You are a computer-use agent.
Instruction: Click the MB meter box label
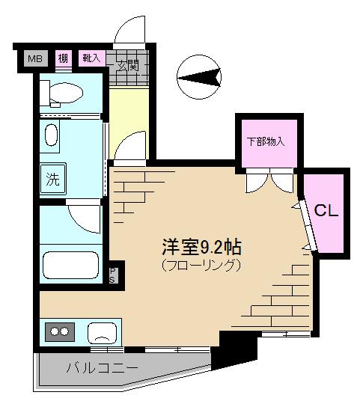(x=35, y=58)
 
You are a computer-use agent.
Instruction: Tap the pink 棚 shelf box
(x=63, y=58)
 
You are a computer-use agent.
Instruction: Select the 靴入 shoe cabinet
(x=92, y=58)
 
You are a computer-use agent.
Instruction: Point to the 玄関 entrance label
(x=128, y=66)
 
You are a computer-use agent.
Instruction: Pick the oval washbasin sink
(x=51, y=135)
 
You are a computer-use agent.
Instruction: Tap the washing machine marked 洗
(x=53, y=179)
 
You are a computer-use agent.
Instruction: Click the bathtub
(x=70, y=265)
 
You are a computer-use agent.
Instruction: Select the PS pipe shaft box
(x=112, y=275)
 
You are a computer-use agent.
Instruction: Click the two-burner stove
(x=60, y=331)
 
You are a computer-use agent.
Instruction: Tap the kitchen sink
(x=102, y=334)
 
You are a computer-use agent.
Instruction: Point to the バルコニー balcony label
(x=102, y=368)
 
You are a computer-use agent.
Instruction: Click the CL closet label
(x=326, y=210)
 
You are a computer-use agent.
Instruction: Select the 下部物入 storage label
(x=266, y=141)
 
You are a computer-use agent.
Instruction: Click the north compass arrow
(x=199, y=77)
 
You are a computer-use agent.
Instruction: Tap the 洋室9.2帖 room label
(x=202, y=248)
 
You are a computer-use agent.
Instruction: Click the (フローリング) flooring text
(x=201, y=265)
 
